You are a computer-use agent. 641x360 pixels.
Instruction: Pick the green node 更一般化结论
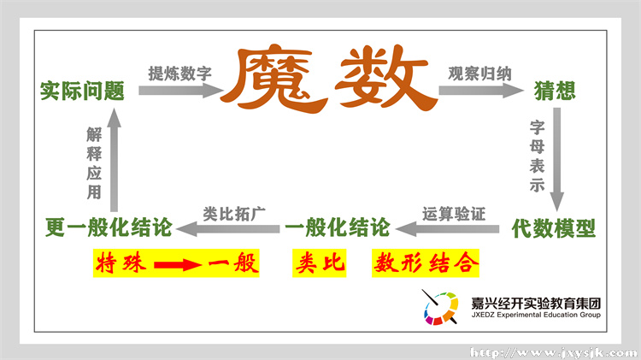pyautogui.click(x=109, y=227)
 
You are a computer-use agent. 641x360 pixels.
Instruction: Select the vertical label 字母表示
pyautogui.click(x=538, y=156)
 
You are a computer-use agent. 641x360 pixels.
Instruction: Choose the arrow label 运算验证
pyautogui.click(x=454, y=213)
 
